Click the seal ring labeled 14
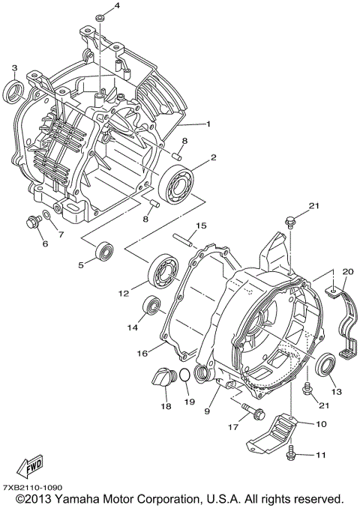point(152,305)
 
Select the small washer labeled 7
point(47,217)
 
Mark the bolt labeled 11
point(292,453)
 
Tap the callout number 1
point(208,124)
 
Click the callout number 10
point(320,424)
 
